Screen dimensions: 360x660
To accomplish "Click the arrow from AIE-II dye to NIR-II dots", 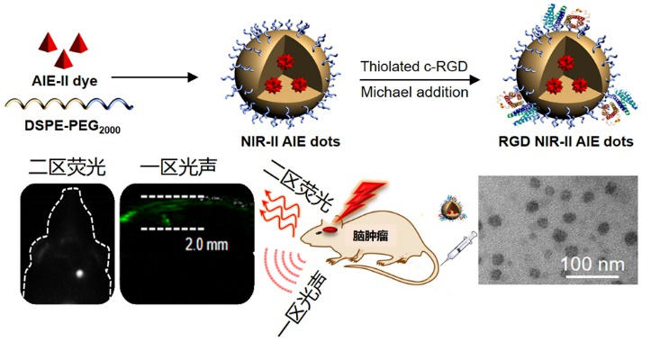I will [153, 79].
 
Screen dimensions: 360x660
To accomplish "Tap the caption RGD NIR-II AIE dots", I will [565, 141].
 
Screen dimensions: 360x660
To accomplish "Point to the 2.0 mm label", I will [206, 245].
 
